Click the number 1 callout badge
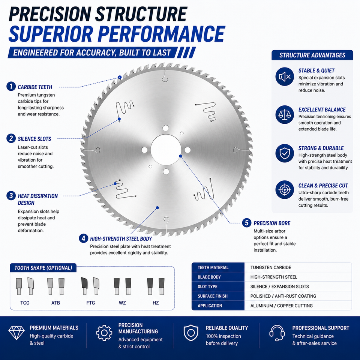pyautogui.click(x=11, y=87)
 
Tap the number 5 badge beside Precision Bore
pyautogui.click(x=247, y=223)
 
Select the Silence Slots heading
pyautogui.click(x=34, y=139)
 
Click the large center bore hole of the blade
pyautogui.click(x=166, y=150)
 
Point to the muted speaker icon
pyautogui.click(x=285, y=76)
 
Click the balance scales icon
pyautogui.click(x=285, y=115)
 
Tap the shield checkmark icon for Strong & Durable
pyautogui.click(x=285, y=153)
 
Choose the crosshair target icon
pyautogui.click(x=285, y=190)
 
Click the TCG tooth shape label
pyautogui.click(x=25, y=303)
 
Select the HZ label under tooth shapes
pyautogui.click(x=156, y=303)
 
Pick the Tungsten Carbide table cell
pyautogui.click(x=271, y=267)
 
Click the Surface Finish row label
pyautogui.click(x=213, y=296)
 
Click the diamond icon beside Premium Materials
pyautogui.click(x=16, y=333)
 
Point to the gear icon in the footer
pyautogui.click(x=104, y=333)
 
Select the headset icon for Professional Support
pyautogui.click(x=277, y=333)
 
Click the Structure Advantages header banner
pyautogui.click(x=312, y=55)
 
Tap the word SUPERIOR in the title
pyautogui.click(x=51, y=34)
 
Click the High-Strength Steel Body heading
pyautogui.click(x=121, y=239)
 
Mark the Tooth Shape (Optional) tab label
pyautogui.click(x=43, y=268)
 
